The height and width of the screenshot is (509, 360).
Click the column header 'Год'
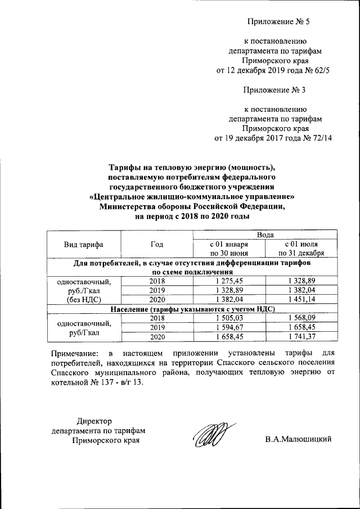coord(157,244)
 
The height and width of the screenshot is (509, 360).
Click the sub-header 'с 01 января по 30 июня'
coord(228,249)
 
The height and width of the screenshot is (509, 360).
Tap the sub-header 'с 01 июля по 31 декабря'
coord(304,249)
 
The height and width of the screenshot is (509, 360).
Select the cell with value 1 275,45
coord(228,280)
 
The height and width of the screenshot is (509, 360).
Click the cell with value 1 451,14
coord(304,299)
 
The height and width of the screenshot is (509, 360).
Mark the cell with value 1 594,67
coord(228,327)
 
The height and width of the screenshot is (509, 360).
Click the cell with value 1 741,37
coord(304,336)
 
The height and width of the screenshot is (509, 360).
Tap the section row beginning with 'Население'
coord(192,309)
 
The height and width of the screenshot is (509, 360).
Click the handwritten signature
coord(208,436)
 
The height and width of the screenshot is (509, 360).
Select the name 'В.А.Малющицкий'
coord(298,439)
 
